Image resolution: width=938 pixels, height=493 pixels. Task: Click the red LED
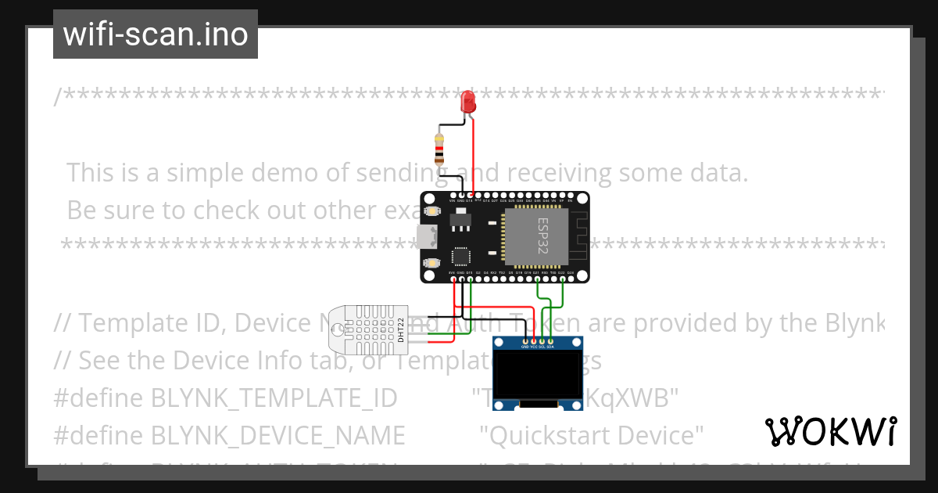coord(468,101)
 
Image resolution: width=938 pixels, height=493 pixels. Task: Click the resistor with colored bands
coord(439,148)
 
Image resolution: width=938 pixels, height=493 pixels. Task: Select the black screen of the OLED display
coord(539,374)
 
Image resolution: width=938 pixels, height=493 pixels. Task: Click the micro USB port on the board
coord(427,236)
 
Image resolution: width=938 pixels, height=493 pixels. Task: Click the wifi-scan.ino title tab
coord(156,34)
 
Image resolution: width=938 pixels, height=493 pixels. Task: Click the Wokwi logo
coord(830,432)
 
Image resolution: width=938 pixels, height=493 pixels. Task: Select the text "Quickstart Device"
coord(592,434)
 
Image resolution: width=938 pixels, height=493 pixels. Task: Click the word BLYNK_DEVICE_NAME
coord(277,434)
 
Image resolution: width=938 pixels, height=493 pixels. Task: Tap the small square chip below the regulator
coord(461,256)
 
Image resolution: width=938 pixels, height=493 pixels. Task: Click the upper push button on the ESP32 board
coord(431,211)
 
